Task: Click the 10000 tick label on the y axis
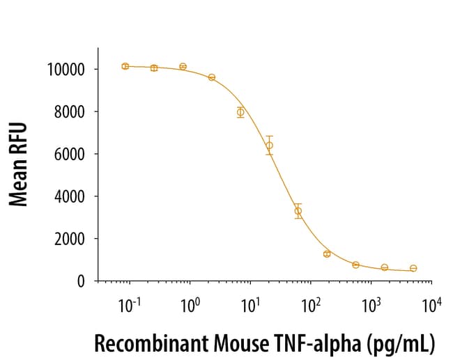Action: (x=66, y=70)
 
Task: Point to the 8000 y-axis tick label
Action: (x=69, y=112)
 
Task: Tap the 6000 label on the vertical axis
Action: (x=69, y=155)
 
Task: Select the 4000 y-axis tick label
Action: (x=69, y=197)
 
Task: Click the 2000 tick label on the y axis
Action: (x=69, y=240)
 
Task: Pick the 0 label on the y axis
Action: (x=82, y=281)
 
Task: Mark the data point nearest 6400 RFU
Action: (x=269, y=146)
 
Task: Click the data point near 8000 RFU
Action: (x=240, y=112)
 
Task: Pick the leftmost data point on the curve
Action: (x=125, y=66)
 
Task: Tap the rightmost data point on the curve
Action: (x=413, y=268)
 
